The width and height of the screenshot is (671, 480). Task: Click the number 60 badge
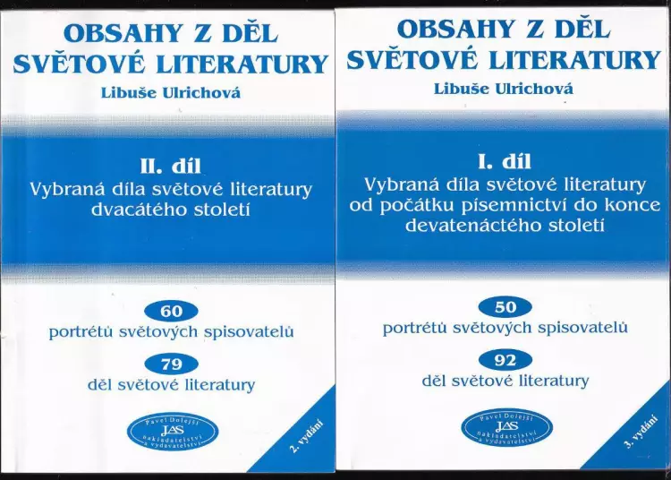(x=171, y=311)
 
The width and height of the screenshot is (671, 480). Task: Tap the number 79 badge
(x=171, y=364)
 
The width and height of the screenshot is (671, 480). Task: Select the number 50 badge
(x=505, y=307)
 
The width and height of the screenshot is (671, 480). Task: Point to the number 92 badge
(x=505, y=361)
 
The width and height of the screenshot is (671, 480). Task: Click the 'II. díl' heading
(x=171, y=167)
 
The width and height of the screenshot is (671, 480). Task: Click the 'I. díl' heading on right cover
(x=504, y=162)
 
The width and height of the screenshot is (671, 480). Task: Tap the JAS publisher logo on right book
(x=507, y=427)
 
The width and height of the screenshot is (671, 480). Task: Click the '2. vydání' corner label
(x=306, y=437)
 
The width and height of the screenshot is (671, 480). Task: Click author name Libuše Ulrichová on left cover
(x=171, y=93)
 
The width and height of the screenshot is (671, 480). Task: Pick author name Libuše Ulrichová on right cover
(x=504, y=89)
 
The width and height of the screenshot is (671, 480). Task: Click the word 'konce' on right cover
(x=635, y=205)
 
